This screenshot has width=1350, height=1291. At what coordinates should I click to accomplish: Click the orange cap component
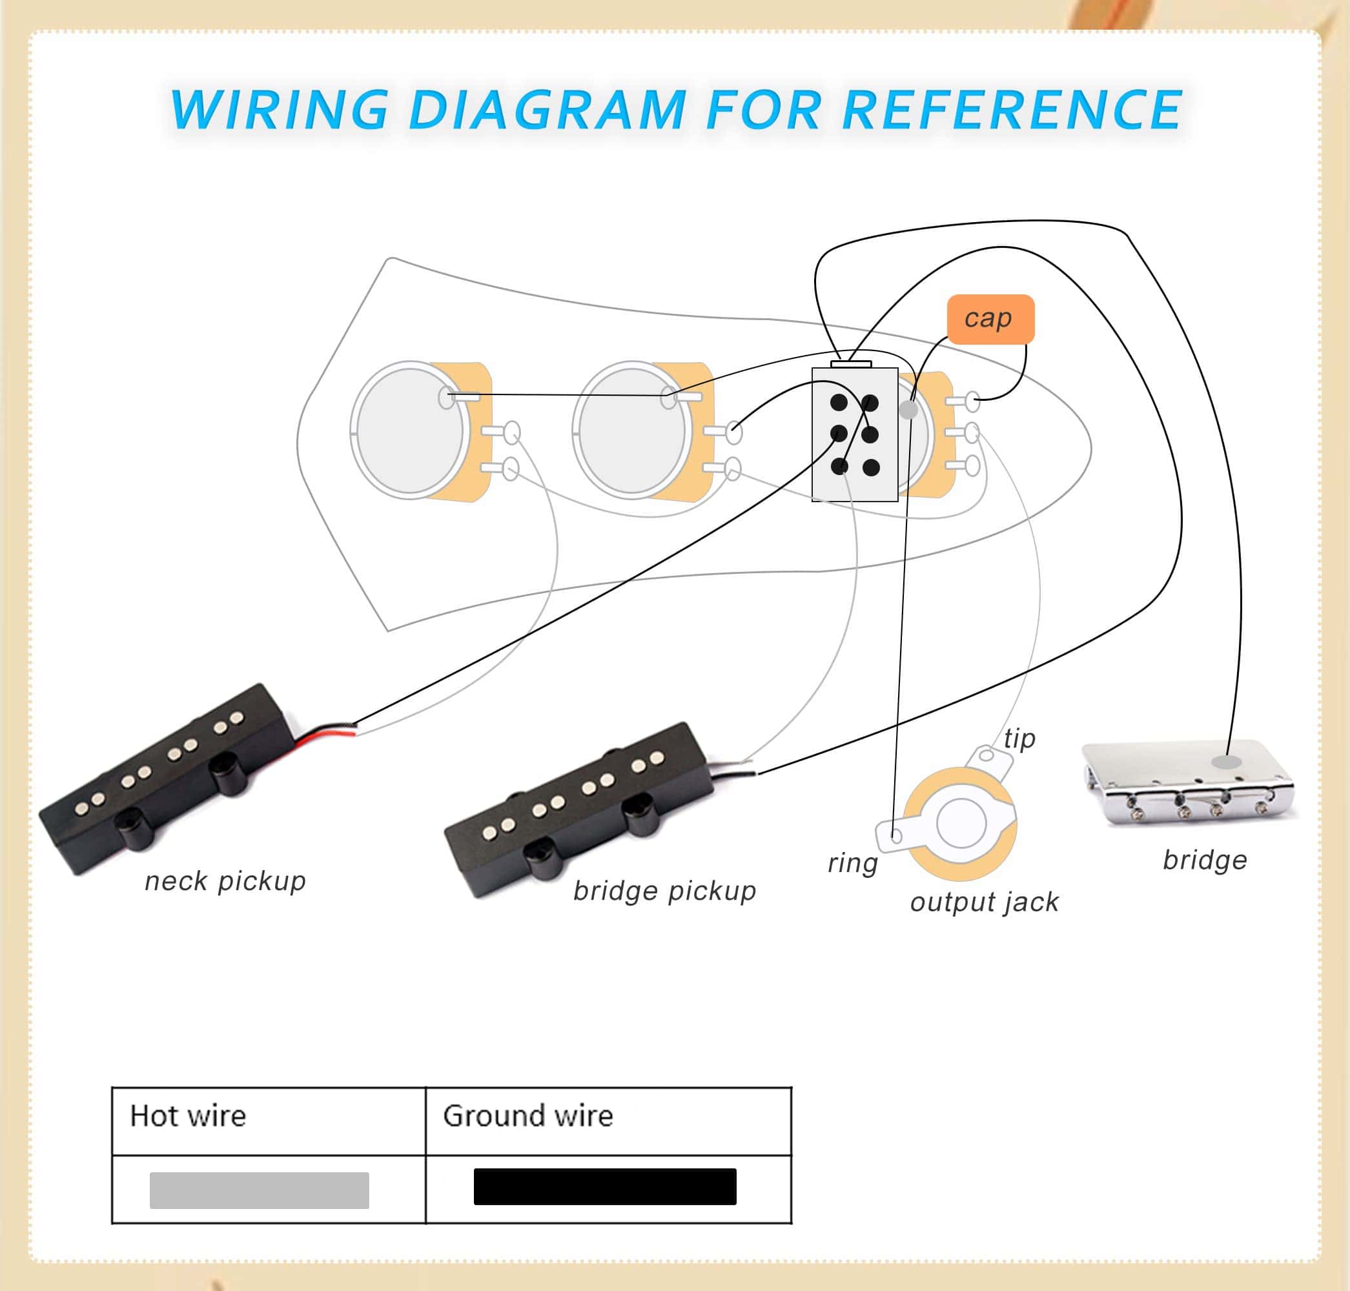[990, 319]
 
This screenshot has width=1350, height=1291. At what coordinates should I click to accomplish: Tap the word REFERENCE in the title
[1011, 110]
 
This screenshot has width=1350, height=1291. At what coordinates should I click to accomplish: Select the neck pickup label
[225, 881]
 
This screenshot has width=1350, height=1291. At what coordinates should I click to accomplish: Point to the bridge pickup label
[664, 891]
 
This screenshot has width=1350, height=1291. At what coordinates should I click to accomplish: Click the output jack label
[984, 902]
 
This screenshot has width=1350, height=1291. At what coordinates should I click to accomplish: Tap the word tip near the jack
[1019, 738]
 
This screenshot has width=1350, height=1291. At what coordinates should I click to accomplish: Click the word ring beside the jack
[852, 862]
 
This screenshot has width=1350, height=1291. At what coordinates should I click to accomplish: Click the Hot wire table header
[188, 1115]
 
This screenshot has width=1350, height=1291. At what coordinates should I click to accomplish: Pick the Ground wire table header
[527, 1115]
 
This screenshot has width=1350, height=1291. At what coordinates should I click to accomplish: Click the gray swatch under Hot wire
[259, 1190]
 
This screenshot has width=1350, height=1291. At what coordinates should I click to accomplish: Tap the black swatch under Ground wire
[604, 1186]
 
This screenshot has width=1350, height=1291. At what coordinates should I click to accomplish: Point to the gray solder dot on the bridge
[1226, 762]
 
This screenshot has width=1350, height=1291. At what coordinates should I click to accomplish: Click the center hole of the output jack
[961, 823]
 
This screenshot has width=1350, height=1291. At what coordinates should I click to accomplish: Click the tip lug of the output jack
[986, 756]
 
